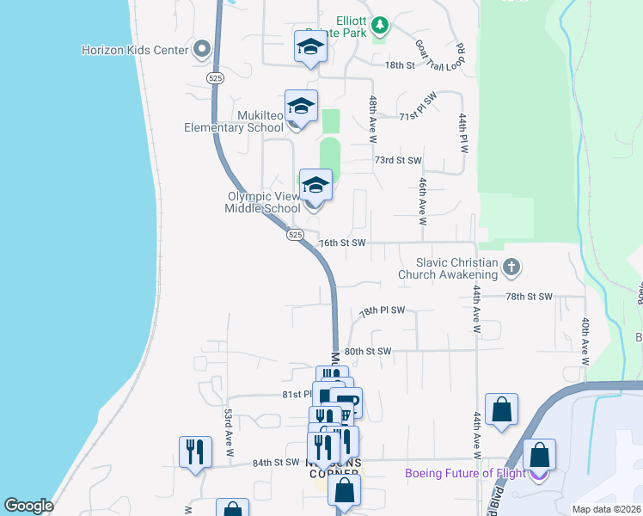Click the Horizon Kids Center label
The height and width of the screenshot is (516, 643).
tap(135, 50)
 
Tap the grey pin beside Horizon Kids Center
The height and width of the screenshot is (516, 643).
tap(203, 49)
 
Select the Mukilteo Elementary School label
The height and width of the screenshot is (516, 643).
tap(234, 121)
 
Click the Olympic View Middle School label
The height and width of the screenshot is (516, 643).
tap(263, 202)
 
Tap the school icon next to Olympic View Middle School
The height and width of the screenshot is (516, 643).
tap(315, 185)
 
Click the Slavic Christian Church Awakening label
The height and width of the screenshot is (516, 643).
tap(448, 268)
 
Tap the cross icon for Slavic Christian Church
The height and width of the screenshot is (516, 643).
tap(511, 267)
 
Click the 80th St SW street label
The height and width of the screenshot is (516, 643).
tap(367, 351)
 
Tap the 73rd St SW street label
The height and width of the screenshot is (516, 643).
tap(398, 161)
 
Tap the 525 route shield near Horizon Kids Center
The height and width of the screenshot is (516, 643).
tap(216, 77)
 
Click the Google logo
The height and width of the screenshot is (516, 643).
tap(29, 506)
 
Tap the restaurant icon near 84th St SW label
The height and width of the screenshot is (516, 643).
tap(195, 451)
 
